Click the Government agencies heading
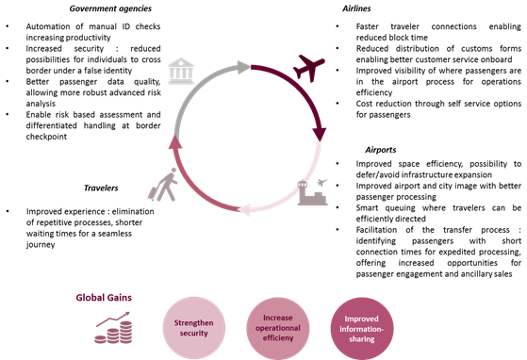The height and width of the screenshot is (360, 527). pos(110,8)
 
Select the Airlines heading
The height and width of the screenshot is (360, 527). pos(356,8)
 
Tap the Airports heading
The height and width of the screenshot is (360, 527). pos(381,150)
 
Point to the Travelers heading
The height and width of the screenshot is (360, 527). pos(101,188)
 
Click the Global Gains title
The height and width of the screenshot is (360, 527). pos(104,298)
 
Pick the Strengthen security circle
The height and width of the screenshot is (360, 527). pos(194,328)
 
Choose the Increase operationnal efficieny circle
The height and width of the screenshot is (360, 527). pos(278,328)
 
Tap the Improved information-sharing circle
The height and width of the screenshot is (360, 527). pos(362,329)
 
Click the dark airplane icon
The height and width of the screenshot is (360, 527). pos(309,68)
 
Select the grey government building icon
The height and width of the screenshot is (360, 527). pos(181,71)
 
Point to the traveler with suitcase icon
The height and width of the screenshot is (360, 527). pos(163,185)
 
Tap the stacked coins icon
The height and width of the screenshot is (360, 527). pos(113,328)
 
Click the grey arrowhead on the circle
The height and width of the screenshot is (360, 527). pos(243,67)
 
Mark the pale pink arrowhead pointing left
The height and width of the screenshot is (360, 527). pos(243,209)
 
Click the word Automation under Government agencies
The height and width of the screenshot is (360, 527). pos(44,26)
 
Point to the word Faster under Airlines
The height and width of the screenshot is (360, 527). pos(368,26)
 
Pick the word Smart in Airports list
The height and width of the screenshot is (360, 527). pos(367,208)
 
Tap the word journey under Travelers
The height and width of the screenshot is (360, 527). pos(41,245)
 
